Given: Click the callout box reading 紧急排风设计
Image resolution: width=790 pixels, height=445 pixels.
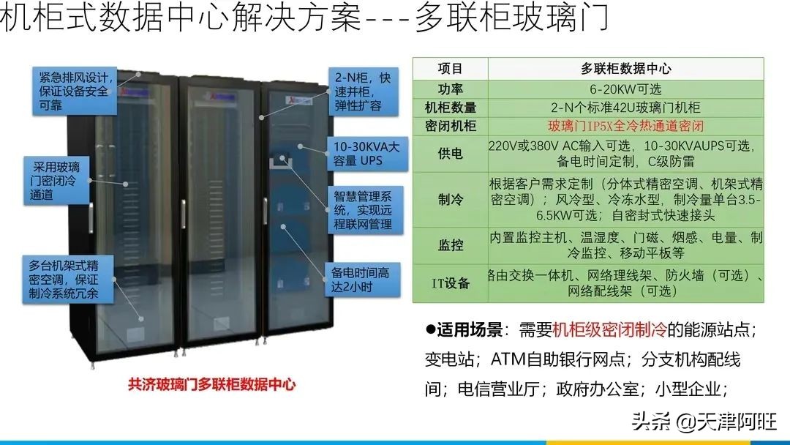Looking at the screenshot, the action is click(x=75, y=91).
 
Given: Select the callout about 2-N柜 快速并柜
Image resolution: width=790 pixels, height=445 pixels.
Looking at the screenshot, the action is click(x=364, y=91).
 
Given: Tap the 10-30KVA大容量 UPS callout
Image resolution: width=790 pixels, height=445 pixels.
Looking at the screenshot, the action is click(x=367, y=154).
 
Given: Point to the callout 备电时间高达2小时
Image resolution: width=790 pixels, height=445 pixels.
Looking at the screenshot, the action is click(x=362, y=279).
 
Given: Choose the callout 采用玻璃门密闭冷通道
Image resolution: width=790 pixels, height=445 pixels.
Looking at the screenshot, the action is click(x=56, y=181).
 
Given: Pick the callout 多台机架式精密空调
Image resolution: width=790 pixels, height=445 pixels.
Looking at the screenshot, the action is click(x=67, y=279).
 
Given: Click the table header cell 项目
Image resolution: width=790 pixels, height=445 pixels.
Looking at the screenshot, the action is click(x=450, y=68).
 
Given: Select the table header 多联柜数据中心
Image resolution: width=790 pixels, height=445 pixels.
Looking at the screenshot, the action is click(x=625, y=68).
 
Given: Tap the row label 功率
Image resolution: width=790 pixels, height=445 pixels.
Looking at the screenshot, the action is click(x=451, y=89).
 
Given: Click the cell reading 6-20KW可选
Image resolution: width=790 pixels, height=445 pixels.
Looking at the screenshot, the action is click(x=625, y=89).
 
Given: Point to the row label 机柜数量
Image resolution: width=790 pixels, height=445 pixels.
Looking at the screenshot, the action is click(x=451, y=108).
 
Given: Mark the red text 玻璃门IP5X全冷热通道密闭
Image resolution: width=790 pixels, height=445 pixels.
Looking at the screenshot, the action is click(x=625, y=125).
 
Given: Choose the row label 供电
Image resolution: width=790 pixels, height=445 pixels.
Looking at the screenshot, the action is click(x=451, y=153).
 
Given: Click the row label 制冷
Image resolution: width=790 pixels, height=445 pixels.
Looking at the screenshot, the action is click(x=451, y=200).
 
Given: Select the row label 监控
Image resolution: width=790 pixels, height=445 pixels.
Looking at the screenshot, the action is click(x=451, y=245).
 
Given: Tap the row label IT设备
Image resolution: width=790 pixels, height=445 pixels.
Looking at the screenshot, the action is click(x=451, y=283).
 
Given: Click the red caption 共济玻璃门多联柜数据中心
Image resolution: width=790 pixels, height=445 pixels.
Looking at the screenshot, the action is click(x=211, y=384).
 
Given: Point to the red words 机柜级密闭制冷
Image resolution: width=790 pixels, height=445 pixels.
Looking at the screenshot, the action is click(x=609, y=330).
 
